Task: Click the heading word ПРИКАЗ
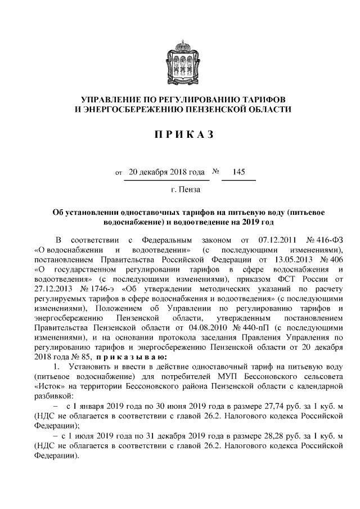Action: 179,134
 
